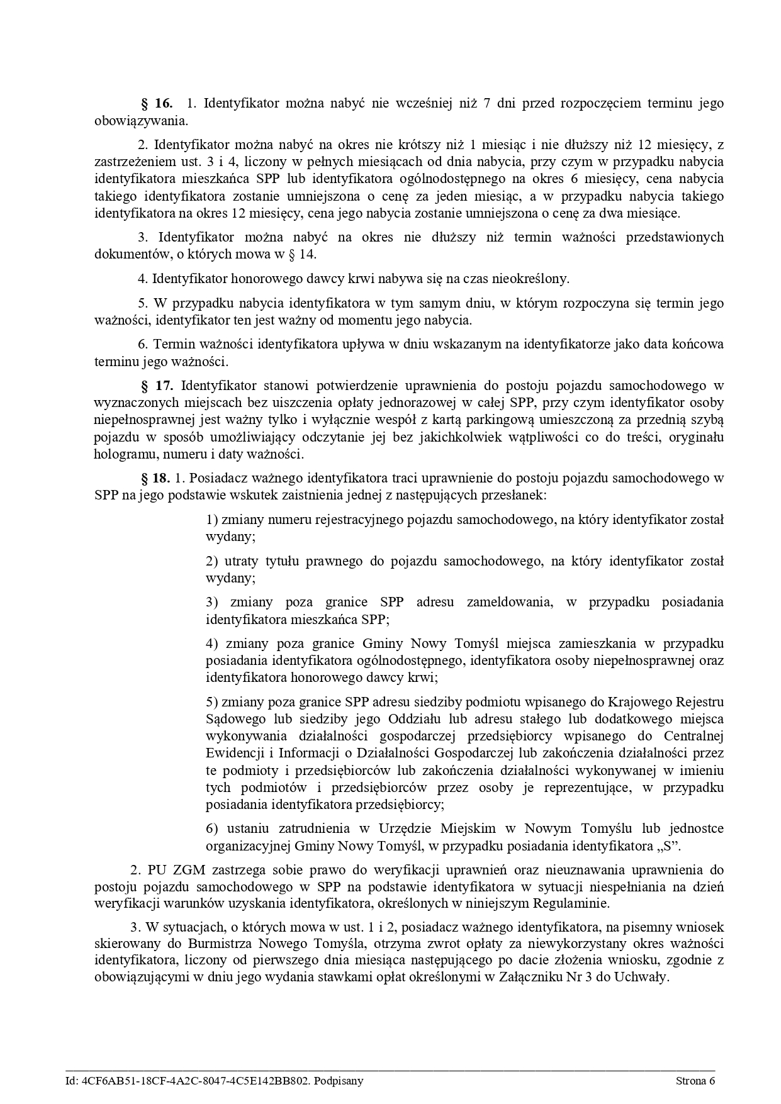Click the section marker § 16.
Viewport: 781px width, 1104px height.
157,103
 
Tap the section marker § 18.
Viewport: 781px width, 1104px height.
156,477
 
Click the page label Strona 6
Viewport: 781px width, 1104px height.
695,1081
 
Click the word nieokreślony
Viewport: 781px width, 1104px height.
530,278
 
